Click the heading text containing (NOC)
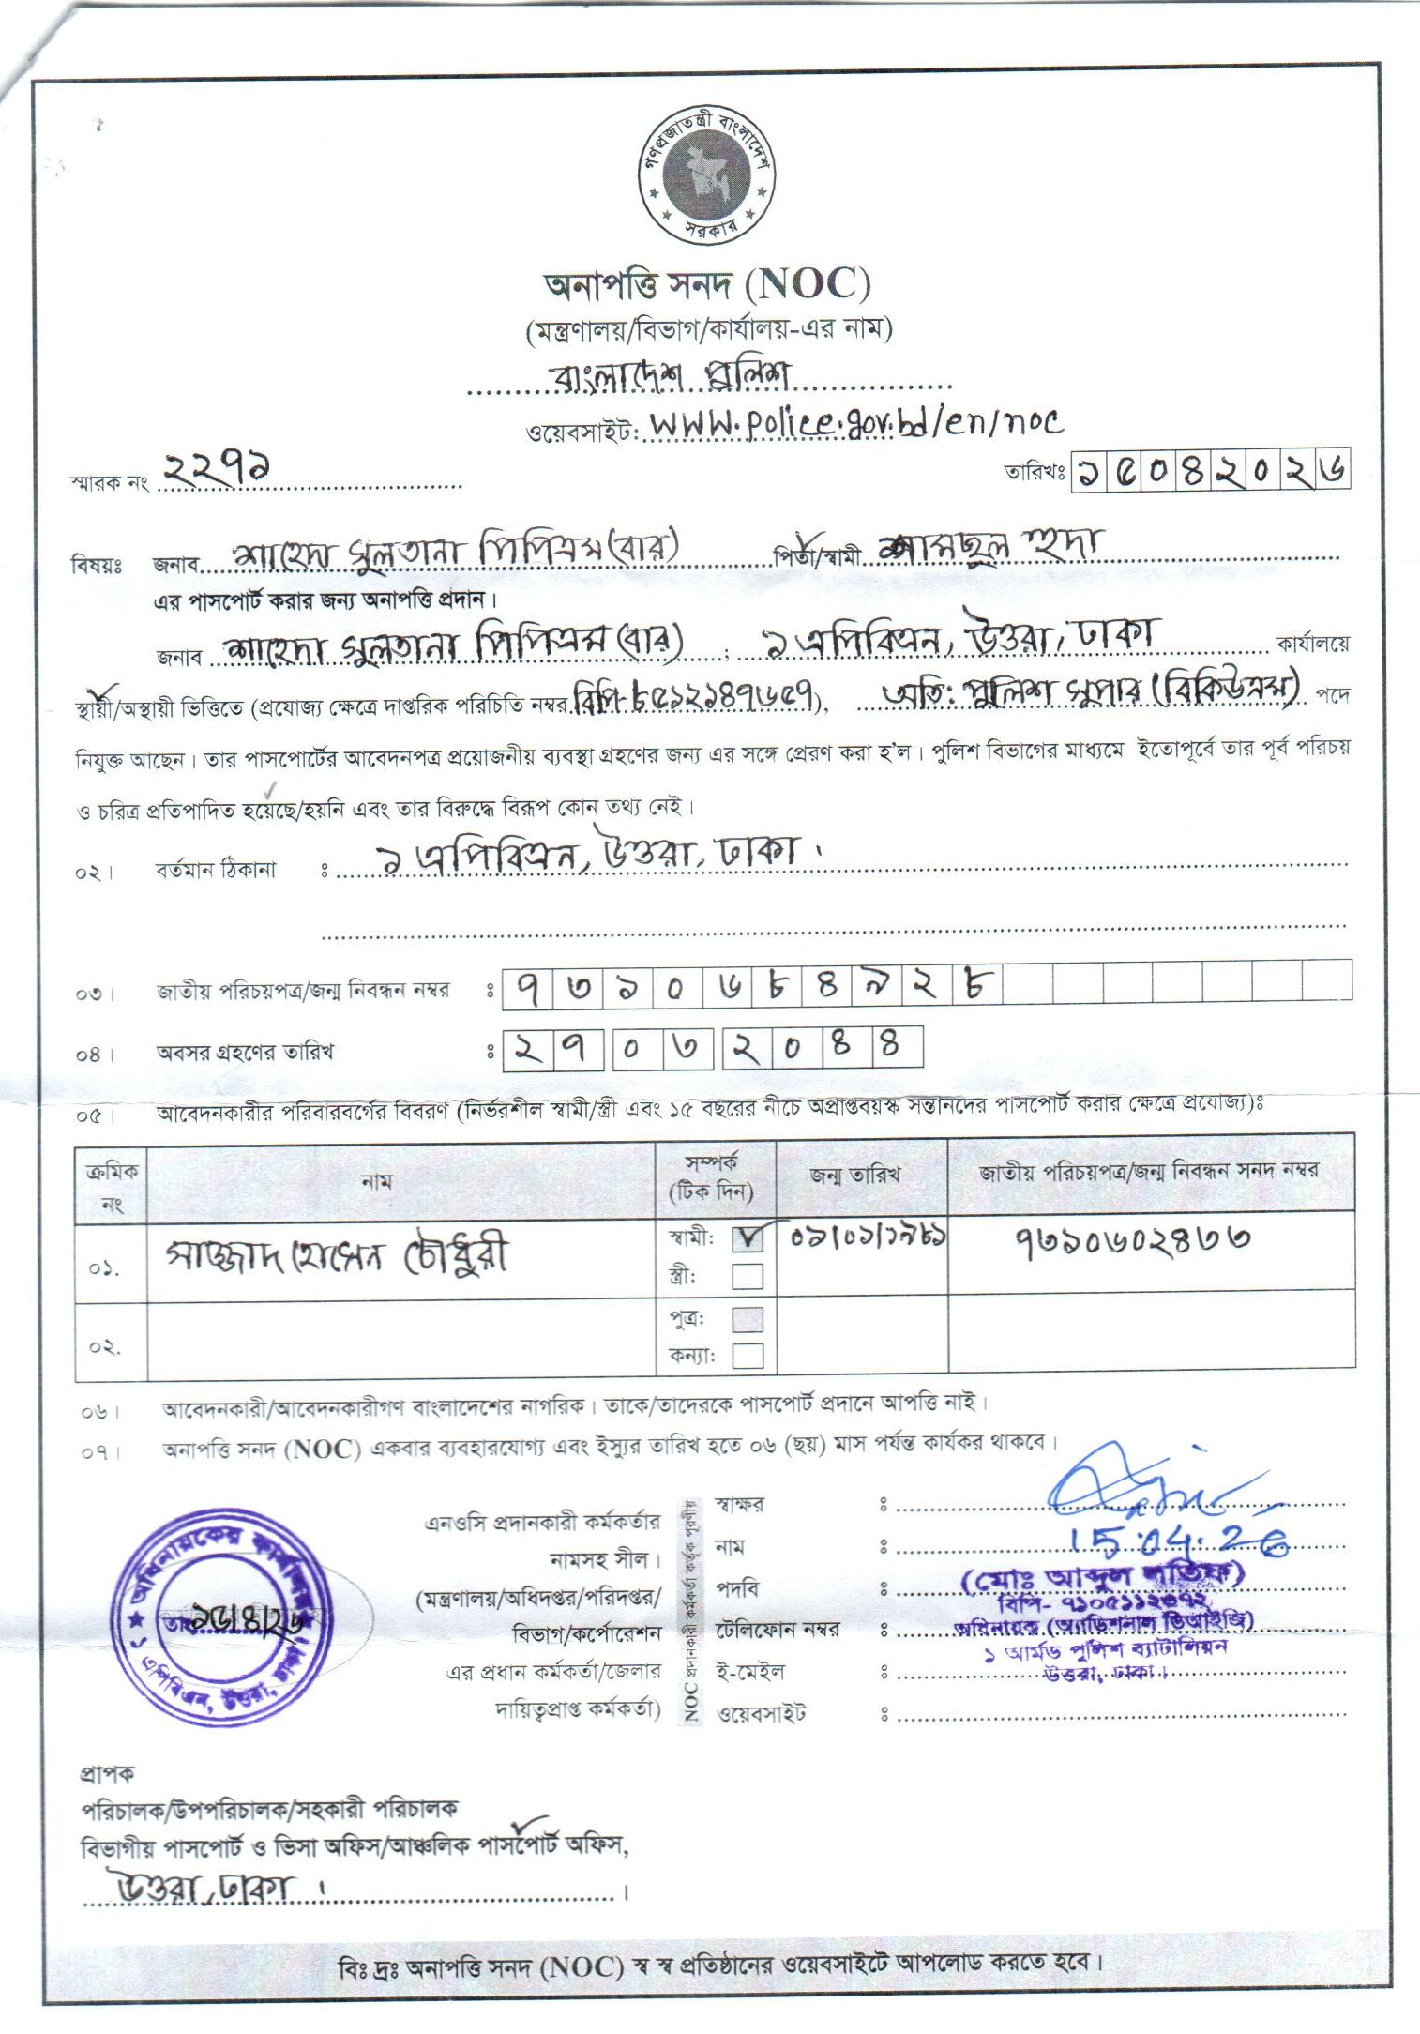[x=708, y=284]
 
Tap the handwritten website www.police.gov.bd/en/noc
[x=856, y=423]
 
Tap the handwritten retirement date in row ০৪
[x=713, y=1048]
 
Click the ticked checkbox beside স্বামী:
[x=748, y=1238]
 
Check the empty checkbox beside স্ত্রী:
[x=748, y=1276]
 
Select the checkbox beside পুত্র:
[x=748, y=1320]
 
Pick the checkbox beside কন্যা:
[x=748, y=1356]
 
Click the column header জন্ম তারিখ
[x=855, y=1174]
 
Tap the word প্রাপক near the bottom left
[x=108, y=1774]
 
